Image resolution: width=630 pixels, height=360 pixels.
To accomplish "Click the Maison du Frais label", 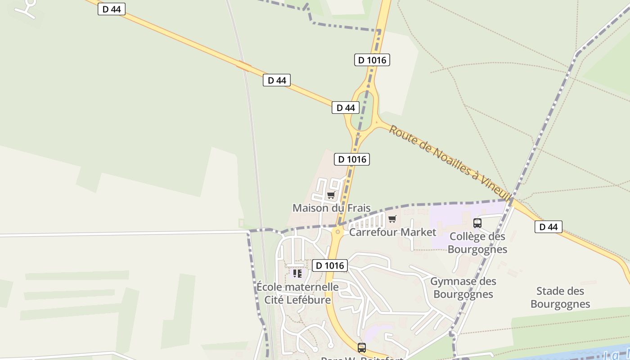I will pos(332,208).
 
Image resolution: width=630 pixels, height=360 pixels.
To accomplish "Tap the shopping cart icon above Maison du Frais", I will pos(331,195).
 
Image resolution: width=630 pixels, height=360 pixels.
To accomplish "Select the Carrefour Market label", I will pos(392,232).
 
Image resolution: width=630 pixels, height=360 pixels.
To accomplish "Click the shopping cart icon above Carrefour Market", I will pos(392,219).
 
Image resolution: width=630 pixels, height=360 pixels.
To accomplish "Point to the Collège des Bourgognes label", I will pos(477,243).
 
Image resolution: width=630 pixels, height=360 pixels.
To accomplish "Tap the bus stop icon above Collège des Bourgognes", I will pos(477,223).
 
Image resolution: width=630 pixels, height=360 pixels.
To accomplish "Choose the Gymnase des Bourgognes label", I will pos(463,288).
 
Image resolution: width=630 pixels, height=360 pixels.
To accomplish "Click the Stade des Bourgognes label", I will pos(560,297).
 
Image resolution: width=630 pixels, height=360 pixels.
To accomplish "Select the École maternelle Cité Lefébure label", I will pos(297,293).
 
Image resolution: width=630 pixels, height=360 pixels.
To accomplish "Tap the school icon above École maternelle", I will pos(297,273).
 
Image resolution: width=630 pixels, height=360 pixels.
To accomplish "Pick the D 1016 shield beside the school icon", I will pos(330,265).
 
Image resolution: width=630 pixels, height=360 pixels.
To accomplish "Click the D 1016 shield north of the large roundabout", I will pos(372,60).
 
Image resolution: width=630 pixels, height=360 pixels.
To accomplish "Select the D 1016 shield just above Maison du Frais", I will pos(352,159).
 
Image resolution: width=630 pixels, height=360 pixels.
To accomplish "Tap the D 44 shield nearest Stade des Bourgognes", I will pos(548,227).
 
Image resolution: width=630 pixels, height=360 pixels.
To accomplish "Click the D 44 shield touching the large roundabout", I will pos(346,108).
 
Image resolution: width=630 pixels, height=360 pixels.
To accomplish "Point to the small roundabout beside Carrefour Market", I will pos(337,231).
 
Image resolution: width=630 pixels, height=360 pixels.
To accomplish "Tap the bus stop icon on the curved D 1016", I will pos(362,347).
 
